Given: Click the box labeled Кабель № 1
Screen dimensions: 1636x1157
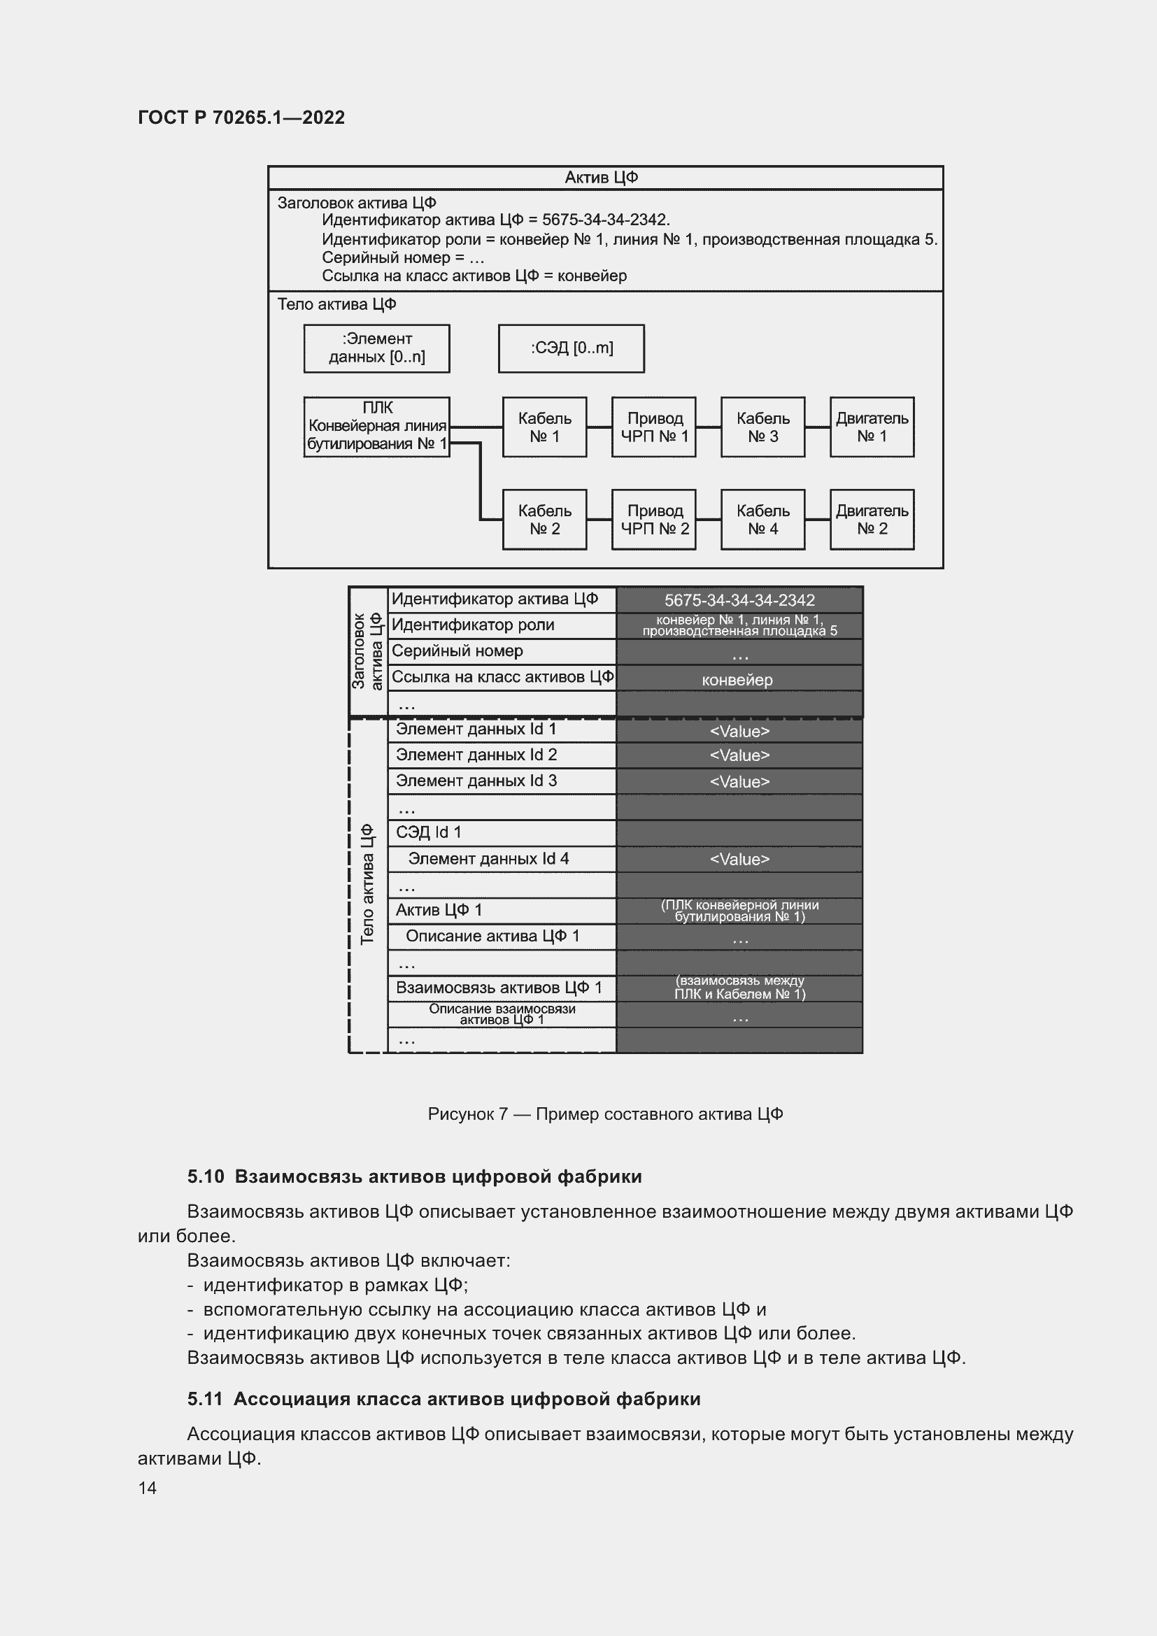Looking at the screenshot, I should point(544,427).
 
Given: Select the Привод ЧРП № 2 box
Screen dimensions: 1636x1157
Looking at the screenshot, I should point(653,520).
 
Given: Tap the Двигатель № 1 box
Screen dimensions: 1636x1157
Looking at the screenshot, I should point(872,427).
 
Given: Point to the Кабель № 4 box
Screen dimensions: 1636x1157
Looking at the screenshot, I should point(762,520).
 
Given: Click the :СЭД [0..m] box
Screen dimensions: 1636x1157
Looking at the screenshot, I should point(571,348).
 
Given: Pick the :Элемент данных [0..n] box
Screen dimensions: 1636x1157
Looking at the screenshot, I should point(376,348).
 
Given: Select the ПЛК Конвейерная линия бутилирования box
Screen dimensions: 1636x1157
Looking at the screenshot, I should point(376,427).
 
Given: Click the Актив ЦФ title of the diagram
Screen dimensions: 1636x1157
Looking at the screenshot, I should point(601,178).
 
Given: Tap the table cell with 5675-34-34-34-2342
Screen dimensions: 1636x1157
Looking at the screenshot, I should point(739,600).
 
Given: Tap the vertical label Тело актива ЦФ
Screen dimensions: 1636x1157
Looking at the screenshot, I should point(368,884).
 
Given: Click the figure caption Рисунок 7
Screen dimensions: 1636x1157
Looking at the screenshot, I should point(605,1114).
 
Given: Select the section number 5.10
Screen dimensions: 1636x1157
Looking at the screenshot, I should point(206,1176).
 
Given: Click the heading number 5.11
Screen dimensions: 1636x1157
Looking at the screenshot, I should point(205,1399).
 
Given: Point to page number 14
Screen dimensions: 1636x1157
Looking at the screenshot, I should point(148,1488).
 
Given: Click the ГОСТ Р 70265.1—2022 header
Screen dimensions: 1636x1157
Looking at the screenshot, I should point(241,118).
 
